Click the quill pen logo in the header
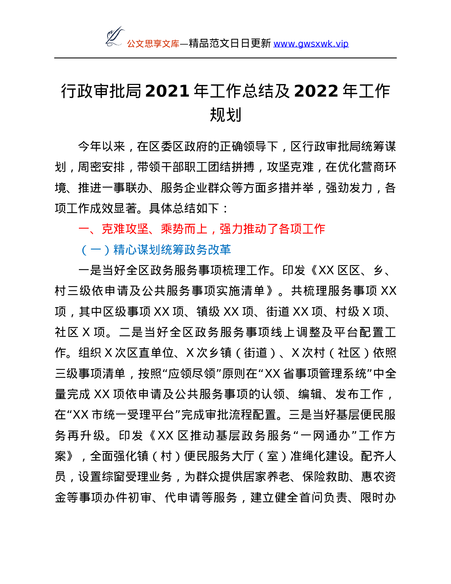(115, 36)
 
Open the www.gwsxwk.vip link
(311, 44)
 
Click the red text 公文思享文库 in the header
(153, 44)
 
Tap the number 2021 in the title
(167, 91)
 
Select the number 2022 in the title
(316, 91)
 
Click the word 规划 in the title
(225, 115)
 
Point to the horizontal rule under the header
(225, 58)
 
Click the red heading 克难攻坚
(125, 229)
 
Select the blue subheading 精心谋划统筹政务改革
(172, 250)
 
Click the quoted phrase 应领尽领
(191, 373)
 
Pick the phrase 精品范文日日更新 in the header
(230, 44)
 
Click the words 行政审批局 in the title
(101, 91)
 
